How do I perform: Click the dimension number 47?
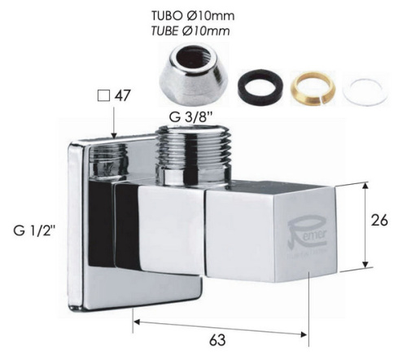click(124, 95)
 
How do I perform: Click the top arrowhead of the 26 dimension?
click(367, 187)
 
